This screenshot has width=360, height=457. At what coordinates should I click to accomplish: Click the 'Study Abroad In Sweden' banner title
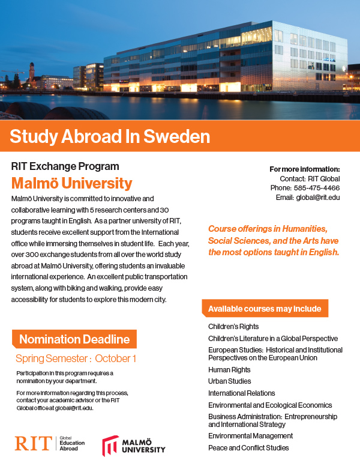click(x=110, y=136)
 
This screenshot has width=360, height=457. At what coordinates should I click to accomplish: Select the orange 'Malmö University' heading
click(x=72, y=183)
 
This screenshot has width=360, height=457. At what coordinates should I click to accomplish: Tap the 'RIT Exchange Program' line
click(x=65, y=166)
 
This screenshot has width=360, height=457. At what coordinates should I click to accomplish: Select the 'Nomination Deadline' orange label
click(x=74, y=339)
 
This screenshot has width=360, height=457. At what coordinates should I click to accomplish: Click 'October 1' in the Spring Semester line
click(x=116, y=359)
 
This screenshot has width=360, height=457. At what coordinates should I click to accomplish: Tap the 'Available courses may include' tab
click(x=265, y=309)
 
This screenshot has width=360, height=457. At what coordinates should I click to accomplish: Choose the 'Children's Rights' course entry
click(x=233, y=327)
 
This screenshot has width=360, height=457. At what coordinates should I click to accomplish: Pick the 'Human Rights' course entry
click(x=229, y=370)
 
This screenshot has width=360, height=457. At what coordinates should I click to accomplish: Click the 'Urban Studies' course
click(x=230, y=381)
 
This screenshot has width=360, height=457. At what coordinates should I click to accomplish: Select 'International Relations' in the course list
click(x=241, y=393)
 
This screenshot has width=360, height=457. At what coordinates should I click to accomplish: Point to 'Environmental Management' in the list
click(x=250, y=435)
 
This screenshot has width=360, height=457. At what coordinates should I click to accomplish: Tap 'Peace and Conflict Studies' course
click(x=248, y=447)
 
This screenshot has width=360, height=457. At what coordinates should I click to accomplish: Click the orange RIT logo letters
click(x=34, y=443)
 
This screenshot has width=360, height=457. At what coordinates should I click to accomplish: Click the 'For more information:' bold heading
click(x=304, y=169)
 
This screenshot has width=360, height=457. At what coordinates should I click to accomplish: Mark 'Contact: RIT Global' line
click(x=310, y=178)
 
